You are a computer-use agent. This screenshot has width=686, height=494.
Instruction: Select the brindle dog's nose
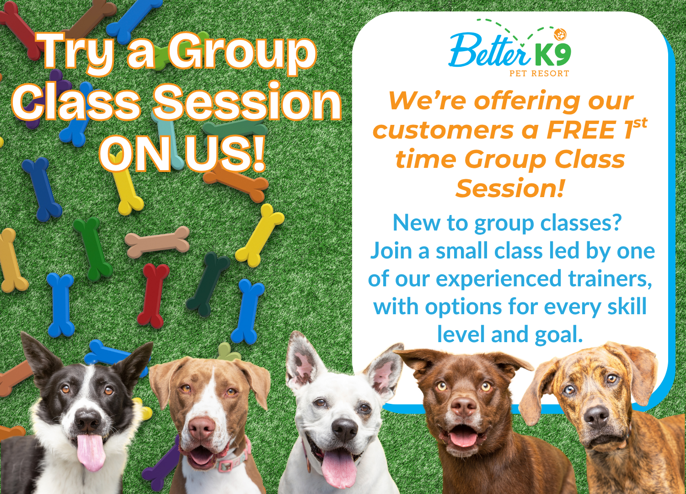coord(596,417)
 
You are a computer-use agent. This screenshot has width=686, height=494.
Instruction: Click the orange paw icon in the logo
coord(560,35)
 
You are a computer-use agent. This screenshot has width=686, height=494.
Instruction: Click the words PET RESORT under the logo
coord(539,74)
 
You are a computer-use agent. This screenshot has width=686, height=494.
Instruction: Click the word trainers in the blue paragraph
coord(610,279)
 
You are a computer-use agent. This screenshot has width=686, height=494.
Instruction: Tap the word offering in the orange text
coord(527,101)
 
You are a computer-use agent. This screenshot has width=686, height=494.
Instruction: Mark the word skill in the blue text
coord(627,306)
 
